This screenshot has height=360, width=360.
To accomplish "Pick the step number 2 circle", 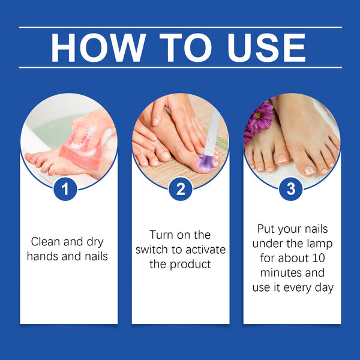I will [x=180, y=190].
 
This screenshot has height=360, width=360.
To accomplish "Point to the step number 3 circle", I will [x=291, y=190].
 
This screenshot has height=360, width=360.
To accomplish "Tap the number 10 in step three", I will [x=323, y=258].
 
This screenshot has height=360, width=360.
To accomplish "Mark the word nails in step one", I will [x=96, y=257].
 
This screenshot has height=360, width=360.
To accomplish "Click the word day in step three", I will [x=323, y=287].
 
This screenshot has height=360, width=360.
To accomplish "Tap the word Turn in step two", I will [x=161, y=235].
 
